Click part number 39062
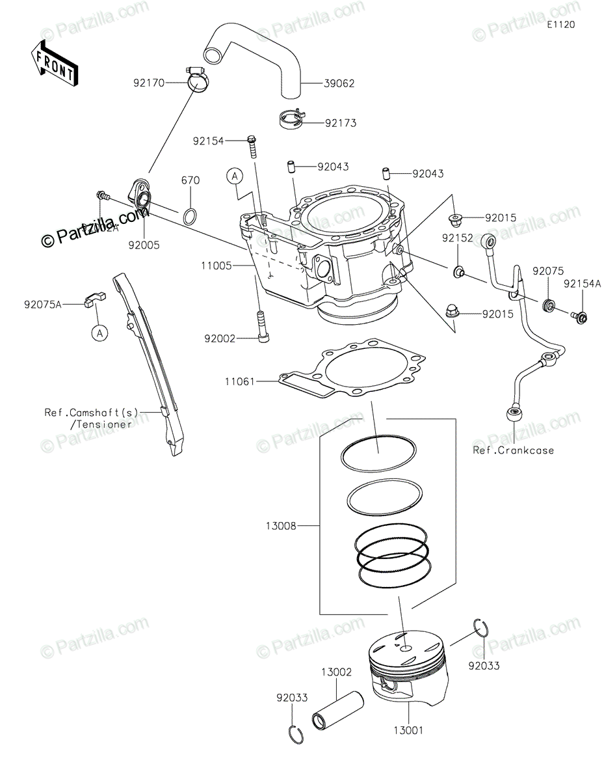(x=341, y=83)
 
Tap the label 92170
(x=149, y=83)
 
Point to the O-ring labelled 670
(x=190, y=215)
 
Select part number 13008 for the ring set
(x=281, y=525)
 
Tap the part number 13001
(x=408, y=730)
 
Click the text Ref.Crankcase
(x=514, y=450)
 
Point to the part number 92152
(x=458, y=238)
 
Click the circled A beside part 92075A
(x=99, y=333)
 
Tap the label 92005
(x=144, y=245)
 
